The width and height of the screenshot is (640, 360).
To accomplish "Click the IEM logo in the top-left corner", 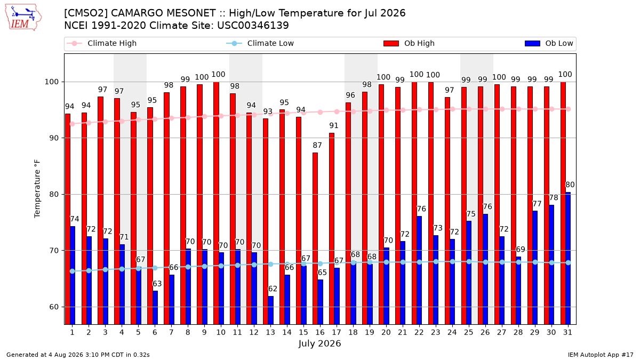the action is point(23,17).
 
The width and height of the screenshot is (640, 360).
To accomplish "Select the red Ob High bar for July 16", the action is point(315,238).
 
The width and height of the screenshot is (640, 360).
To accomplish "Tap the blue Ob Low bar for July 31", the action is point(568,258).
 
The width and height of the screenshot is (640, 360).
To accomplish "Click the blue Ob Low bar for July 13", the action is point(270,310).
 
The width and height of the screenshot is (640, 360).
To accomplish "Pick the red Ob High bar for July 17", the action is point(332,229).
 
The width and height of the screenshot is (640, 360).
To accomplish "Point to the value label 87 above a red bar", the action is point(317,146).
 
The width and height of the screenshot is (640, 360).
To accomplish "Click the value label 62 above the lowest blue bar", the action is point(273,289).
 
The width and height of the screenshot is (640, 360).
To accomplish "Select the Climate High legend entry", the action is point(102,43).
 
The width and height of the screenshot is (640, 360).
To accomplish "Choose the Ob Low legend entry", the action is point(549,43).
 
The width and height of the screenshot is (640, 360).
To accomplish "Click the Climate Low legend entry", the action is point(260,43).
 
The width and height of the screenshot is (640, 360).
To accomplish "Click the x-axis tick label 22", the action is point(419,333).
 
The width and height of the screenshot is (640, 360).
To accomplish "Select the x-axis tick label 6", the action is point(155,333).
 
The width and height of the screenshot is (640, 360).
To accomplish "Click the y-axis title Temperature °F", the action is point(37,189).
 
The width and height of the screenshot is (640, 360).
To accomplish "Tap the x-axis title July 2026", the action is point(319,343).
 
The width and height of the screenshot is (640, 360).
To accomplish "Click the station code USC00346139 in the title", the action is point(253,26).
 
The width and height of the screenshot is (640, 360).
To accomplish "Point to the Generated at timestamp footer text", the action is point(78,355).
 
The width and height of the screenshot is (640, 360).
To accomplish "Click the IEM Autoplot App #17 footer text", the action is point(601,355).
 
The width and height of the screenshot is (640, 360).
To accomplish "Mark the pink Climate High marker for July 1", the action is point(73,124).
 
